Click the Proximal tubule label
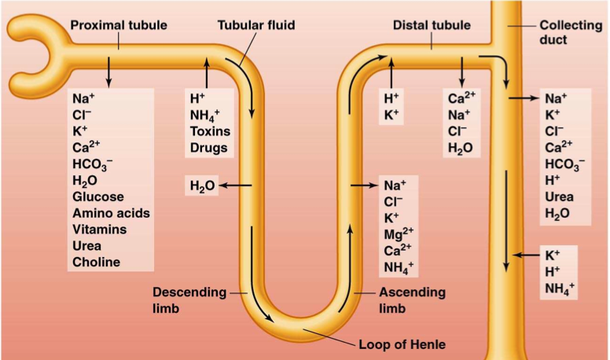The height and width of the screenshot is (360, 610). pyautogui.click(x=119, y=25)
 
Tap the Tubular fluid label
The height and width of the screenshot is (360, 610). pyautogui.click(x=256, y=25)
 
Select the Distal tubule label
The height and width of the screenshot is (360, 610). pyautogui.click(x=432, y=25)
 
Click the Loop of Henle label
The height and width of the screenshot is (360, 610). pyautogui.click(x=402, y=343)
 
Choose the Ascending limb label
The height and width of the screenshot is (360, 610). pyautogui.click(x=412, y=300)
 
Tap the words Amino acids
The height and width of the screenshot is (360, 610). pyautogui.click(x=111, y=213)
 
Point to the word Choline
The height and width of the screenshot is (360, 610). pyautogui.click(x=96, y=263)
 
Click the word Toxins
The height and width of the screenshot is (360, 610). pyautogui.click(x=208, y=131)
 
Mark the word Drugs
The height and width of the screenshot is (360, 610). pyautogui.click(x=208, y=148)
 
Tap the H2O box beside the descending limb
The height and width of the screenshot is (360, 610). pyautogui.click(x=202, y=186)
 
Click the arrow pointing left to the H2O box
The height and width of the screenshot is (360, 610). pyautogui.click(x=235, y=186)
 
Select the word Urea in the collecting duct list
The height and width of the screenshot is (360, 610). pyautogui.click(x=559, y=197)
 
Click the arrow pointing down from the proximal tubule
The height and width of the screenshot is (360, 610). pyautogui.click(x=108, y=71)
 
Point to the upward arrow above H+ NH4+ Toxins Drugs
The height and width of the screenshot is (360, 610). pyautogui.click(x=207, y=72)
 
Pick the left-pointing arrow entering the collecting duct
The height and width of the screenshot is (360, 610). pyautogui.click(x=524, y=255)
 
